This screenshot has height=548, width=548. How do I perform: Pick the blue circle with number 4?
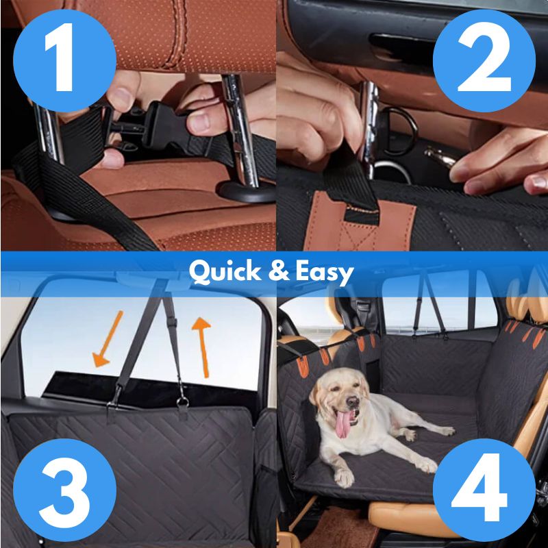[484, 490]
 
